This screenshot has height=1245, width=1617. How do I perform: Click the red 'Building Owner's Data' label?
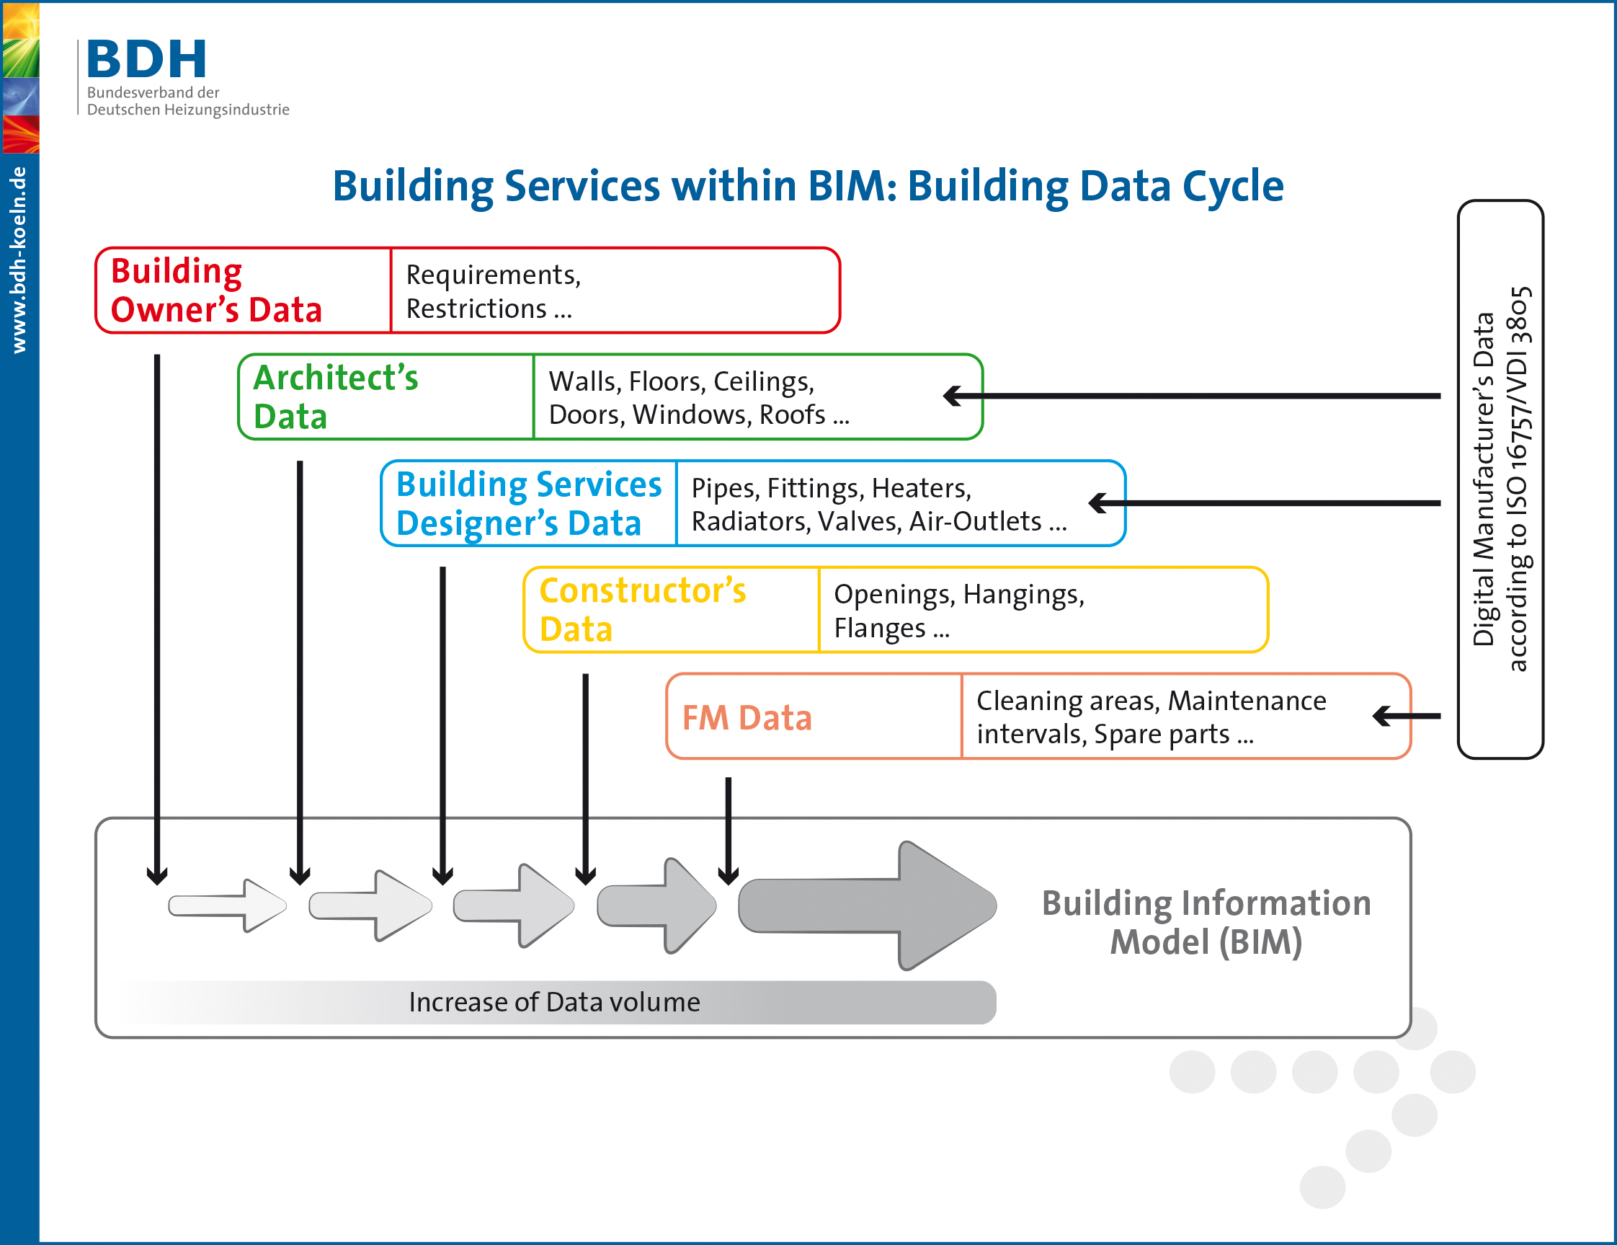(215, 291)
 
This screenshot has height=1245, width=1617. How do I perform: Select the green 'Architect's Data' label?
(335, 397)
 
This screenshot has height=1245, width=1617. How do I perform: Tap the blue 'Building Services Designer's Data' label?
(528, 504)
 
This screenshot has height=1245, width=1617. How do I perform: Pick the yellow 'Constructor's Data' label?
(642, 610)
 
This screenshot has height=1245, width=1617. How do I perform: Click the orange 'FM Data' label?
(747, 718)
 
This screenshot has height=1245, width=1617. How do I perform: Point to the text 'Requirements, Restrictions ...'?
(492, 291)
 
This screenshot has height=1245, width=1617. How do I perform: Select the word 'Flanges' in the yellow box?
(879, 628)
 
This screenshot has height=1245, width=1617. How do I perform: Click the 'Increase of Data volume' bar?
(554, 1002)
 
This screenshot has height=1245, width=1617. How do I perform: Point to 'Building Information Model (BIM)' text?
(1206, 922)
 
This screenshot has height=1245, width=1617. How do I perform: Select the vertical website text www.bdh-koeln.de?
(19, 260)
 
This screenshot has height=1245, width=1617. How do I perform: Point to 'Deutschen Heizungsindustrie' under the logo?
(188, 110)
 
